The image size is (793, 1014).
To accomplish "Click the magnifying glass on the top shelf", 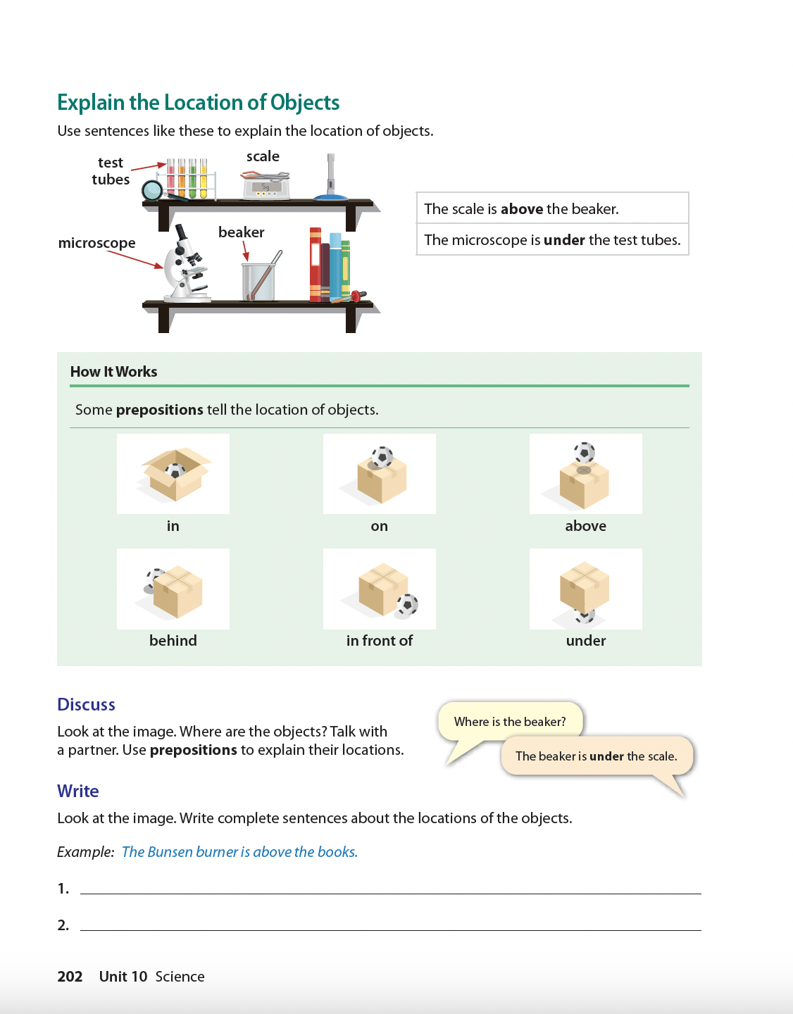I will [153, 190].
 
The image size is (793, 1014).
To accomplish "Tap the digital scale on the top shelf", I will [266, 186].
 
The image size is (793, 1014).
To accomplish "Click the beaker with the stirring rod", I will [258, 280].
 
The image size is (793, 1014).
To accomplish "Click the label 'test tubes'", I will [111, 171].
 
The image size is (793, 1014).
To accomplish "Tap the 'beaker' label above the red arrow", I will [242, 232].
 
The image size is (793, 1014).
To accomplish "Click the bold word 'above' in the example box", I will [522, 209].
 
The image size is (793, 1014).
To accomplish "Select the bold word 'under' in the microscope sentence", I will [564, 240].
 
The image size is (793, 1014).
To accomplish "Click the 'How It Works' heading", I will [114, 372].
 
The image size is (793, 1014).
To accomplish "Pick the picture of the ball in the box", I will [173, 474].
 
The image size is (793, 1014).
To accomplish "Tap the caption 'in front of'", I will [380, 641].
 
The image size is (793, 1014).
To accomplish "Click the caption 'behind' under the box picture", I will [173, 641].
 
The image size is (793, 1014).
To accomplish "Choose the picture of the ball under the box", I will [585, 589].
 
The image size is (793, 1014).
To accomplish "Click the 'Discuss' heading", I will [86, 705].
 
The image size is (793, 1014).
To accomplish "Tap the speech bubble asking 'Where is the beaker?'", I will [510, 722].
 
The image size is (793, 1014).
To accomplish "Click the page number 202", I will [70, 977].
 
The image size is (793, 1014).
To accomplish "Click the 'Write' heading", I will [78, 791].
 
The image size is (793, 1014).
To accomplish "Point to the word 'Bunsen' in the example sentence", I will [170, 852].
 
